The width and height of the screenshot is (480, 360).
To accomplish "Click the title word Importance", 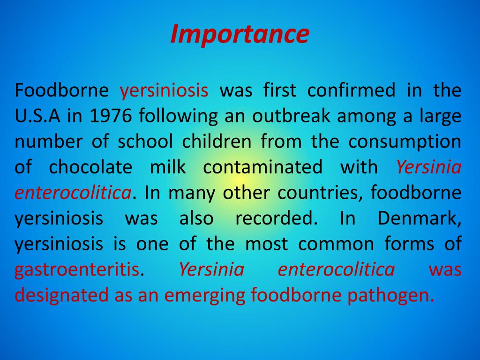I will point(240,34).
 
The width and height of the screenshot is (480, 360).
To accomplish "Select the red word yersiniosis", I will point(164,90).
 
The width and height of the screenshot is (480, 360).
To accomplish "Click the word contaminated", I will point(262,167).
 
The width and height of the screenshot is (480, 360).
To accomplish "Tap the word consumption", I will point(405,142).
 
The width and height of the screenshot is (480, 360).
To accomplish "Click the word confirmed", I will point(351,90).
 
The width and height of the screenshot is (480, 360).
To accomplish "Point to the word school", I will point(145,142).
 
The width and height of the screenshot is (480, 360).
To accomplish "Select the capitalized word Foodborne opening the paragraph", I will point(61,90).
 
